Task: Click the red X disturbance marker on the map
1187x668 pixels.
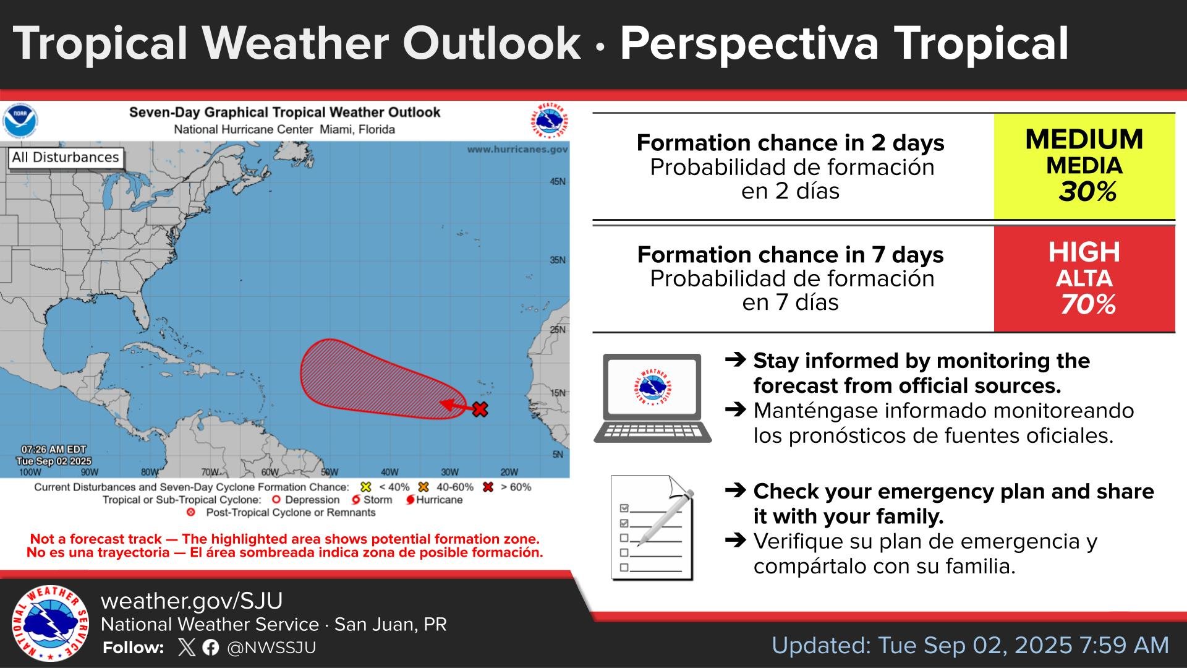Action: coord(480,409)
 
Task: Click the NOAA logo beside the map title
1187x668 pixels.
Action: coord(20,121)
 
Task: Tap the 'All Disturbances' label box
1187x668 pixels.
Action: coord(66,158)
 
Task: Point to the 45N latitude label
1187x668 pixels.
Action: coord(558,182)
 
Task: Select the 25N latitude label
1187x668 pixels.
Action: coord(558,330)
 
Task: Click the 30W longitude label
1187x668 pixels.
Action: coord(449,472)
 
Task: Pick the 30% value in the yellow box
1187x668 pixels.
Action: coord(1087,192)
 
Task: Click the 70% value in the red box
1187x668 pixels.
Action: coord(1087,304)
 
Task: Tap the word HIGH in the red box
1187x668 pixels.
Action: coord(1084,252)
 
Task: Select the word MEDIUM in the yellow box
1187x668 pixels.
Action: coord(1084,140)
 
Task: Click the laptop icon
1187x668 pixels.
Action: coord(653,398)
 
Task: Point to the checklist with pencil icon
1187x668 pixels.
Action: coord(653,528)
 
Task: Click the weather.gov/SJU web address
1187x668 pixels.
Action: coord(192,601)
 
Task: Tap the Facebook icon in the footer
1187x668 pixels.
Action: coord(210,648)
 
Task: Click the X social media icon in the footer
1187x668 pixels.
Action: coord(186,648)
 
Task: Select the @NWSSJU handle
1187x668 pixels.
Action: coord(271,648)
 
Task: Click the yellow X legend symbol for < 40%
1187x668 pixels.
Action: coord(365,487)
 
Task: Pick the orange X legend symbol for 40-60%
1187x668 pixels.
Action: coord(423,487)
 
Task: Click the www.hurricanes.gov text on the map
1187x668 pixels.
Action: coord(517,149)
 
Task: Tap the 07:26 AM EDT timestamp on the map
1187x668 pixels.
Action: coord(54,450)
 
